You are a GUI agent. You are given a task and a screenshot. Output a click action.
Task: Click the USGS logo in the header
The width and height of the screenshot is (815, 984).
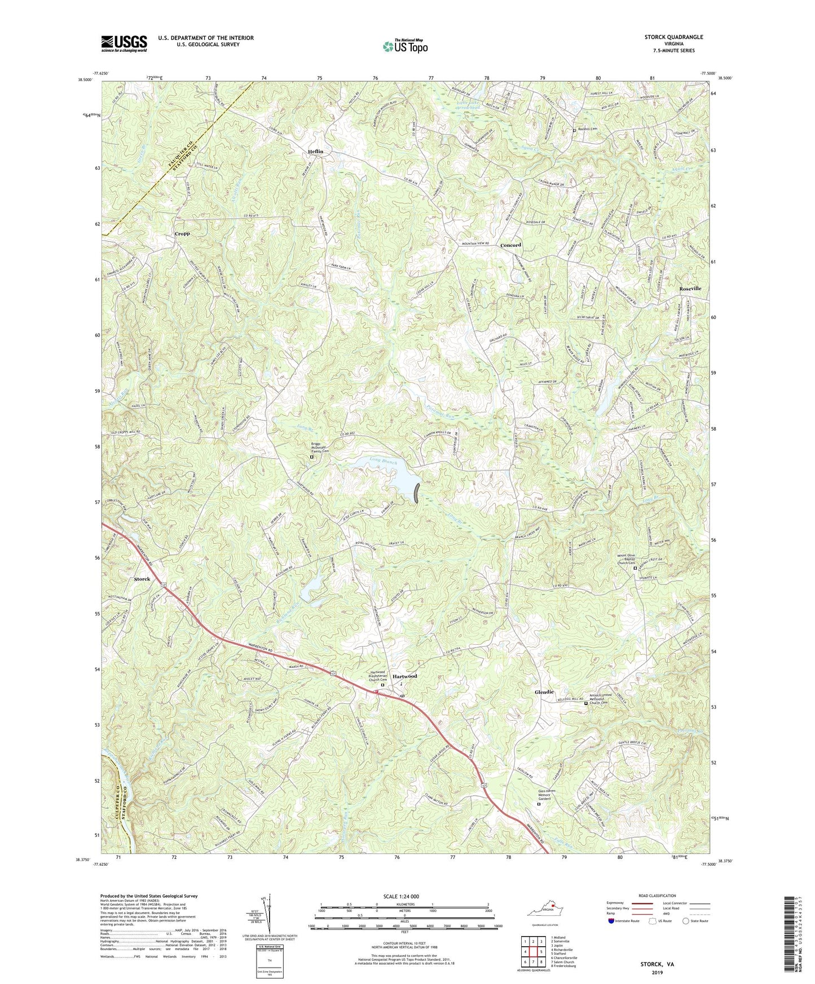124,43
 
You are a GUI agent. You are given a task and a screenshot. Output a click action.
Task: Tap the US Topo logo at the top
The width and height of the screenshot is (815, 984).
404,46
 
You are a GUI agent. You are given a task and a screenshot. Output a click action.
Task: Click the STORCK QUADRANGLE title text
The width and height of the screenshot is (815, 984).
673,37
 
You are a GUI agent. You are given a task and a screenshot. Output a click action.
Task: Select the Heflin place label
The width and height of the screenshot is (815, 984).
316,152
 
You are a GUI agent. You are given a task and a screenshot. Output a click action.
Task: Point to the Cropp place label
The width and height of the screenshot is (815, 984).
182,233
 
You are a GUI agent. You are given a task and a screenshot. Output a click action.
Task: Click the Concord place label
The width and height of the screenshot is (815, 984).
510,245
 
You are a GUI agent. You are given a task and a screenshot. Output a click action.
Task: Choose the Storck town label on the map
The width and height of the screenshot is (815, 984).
142,579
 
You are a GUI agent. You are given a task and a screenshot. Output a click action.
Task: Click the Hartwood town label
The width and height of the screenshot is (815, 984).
404,676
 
